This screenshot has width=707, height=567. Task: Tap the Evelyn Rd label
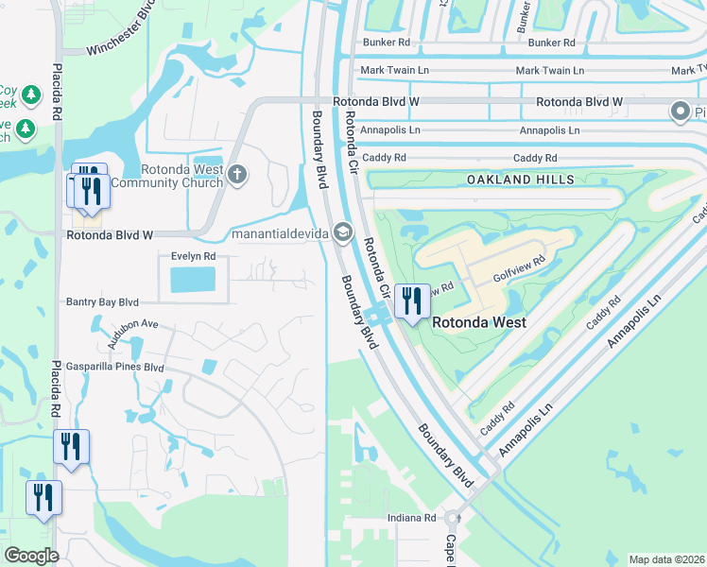(193, 256)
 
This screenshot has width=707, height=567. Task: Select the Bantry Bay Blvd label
(102, 302)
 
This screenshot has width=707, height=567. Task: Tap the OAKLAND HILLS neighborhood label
(533, 180)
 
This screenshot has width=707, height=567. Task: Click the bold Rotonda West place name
(479, 321)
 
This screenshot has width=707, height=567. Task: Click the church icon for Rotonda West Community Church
(237, 174)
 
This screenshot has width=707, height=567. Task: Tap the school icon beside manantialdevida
(342, 232)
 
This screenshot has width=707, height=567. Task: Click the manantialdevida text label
(280, 233)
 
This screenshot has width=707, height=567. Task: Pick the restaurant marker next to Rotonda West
(411, 301)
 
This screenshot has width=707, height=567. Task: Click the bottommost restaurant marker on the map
(43, 497)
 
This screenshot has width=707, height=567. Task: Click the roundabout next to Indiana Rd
(453, 518)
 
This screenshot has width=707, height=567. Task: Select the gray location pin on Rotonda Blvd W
(680, 112)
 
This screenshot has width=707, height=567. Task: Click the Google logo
(31, 556)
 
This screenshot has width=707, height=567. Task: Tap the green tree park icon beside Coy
(32, 95)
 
